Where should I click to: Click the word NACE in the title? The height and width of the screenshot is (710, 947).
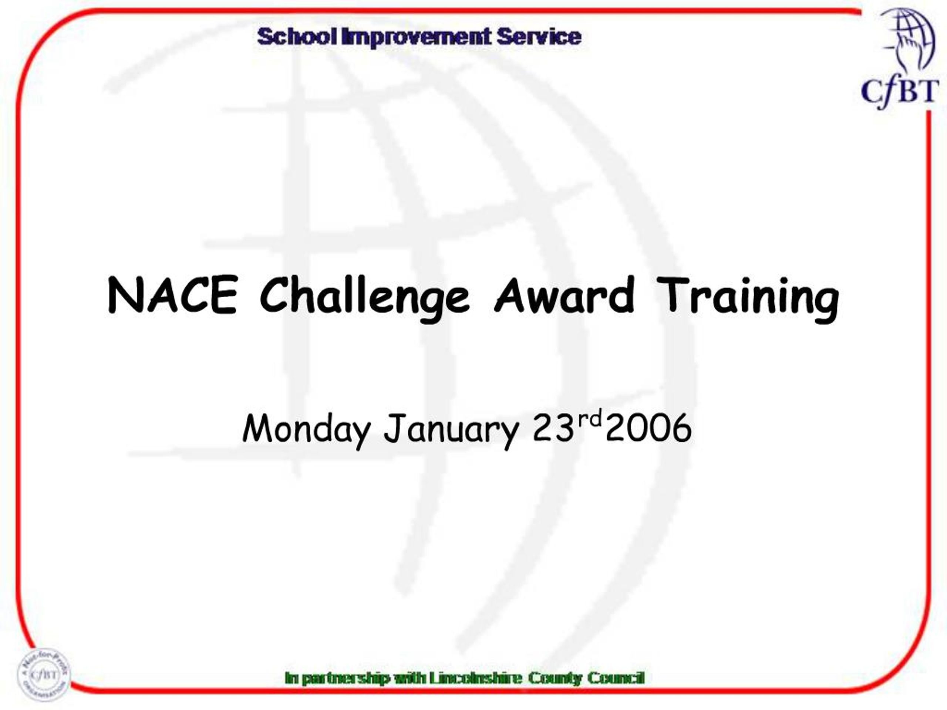[x=172, y=295]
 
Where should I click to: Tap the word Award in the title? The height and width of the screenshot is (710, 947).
[x=564, y=295]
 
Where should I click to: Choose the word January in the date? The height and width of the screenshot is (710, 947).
[x=451, y=429]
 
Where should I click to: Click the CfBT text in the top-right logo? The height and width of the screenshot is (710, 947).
[x=900, y=92]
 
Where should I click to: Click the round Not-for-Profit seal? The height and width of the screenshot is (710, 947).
[x=43, y=675]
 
